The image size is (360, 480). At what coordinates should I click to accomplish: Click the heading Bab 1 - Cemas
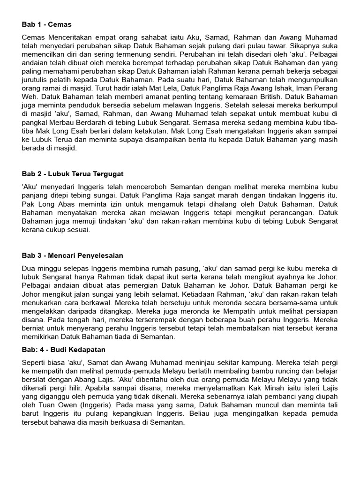pos(46,24)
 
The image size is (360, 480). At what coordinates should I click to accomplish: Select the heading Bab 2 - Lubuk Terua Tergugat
pos(73,174)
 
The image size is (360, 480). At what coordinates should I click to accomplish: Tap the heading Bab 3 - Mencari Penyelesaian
pos(72,255)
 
